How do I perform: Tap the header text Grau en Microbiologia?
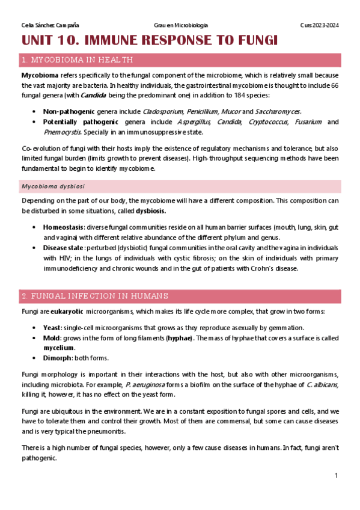coord(181,25)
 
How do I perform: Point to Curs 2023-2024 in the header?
coord(319,25)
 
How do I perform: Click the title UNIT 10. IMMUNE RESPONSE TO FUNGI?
coord(150,41)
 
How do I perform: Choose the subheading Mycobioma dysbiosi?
coord(53,186)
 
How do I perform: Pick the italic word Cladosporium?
coord(163,111)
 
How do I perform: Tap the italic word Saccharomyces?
coord(278,111)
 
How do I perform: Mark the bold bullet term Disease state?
coord(63,248)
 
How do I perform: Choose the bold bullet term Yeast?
coord(52,328)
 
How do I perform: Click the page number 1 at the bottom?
coord(337,476)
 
